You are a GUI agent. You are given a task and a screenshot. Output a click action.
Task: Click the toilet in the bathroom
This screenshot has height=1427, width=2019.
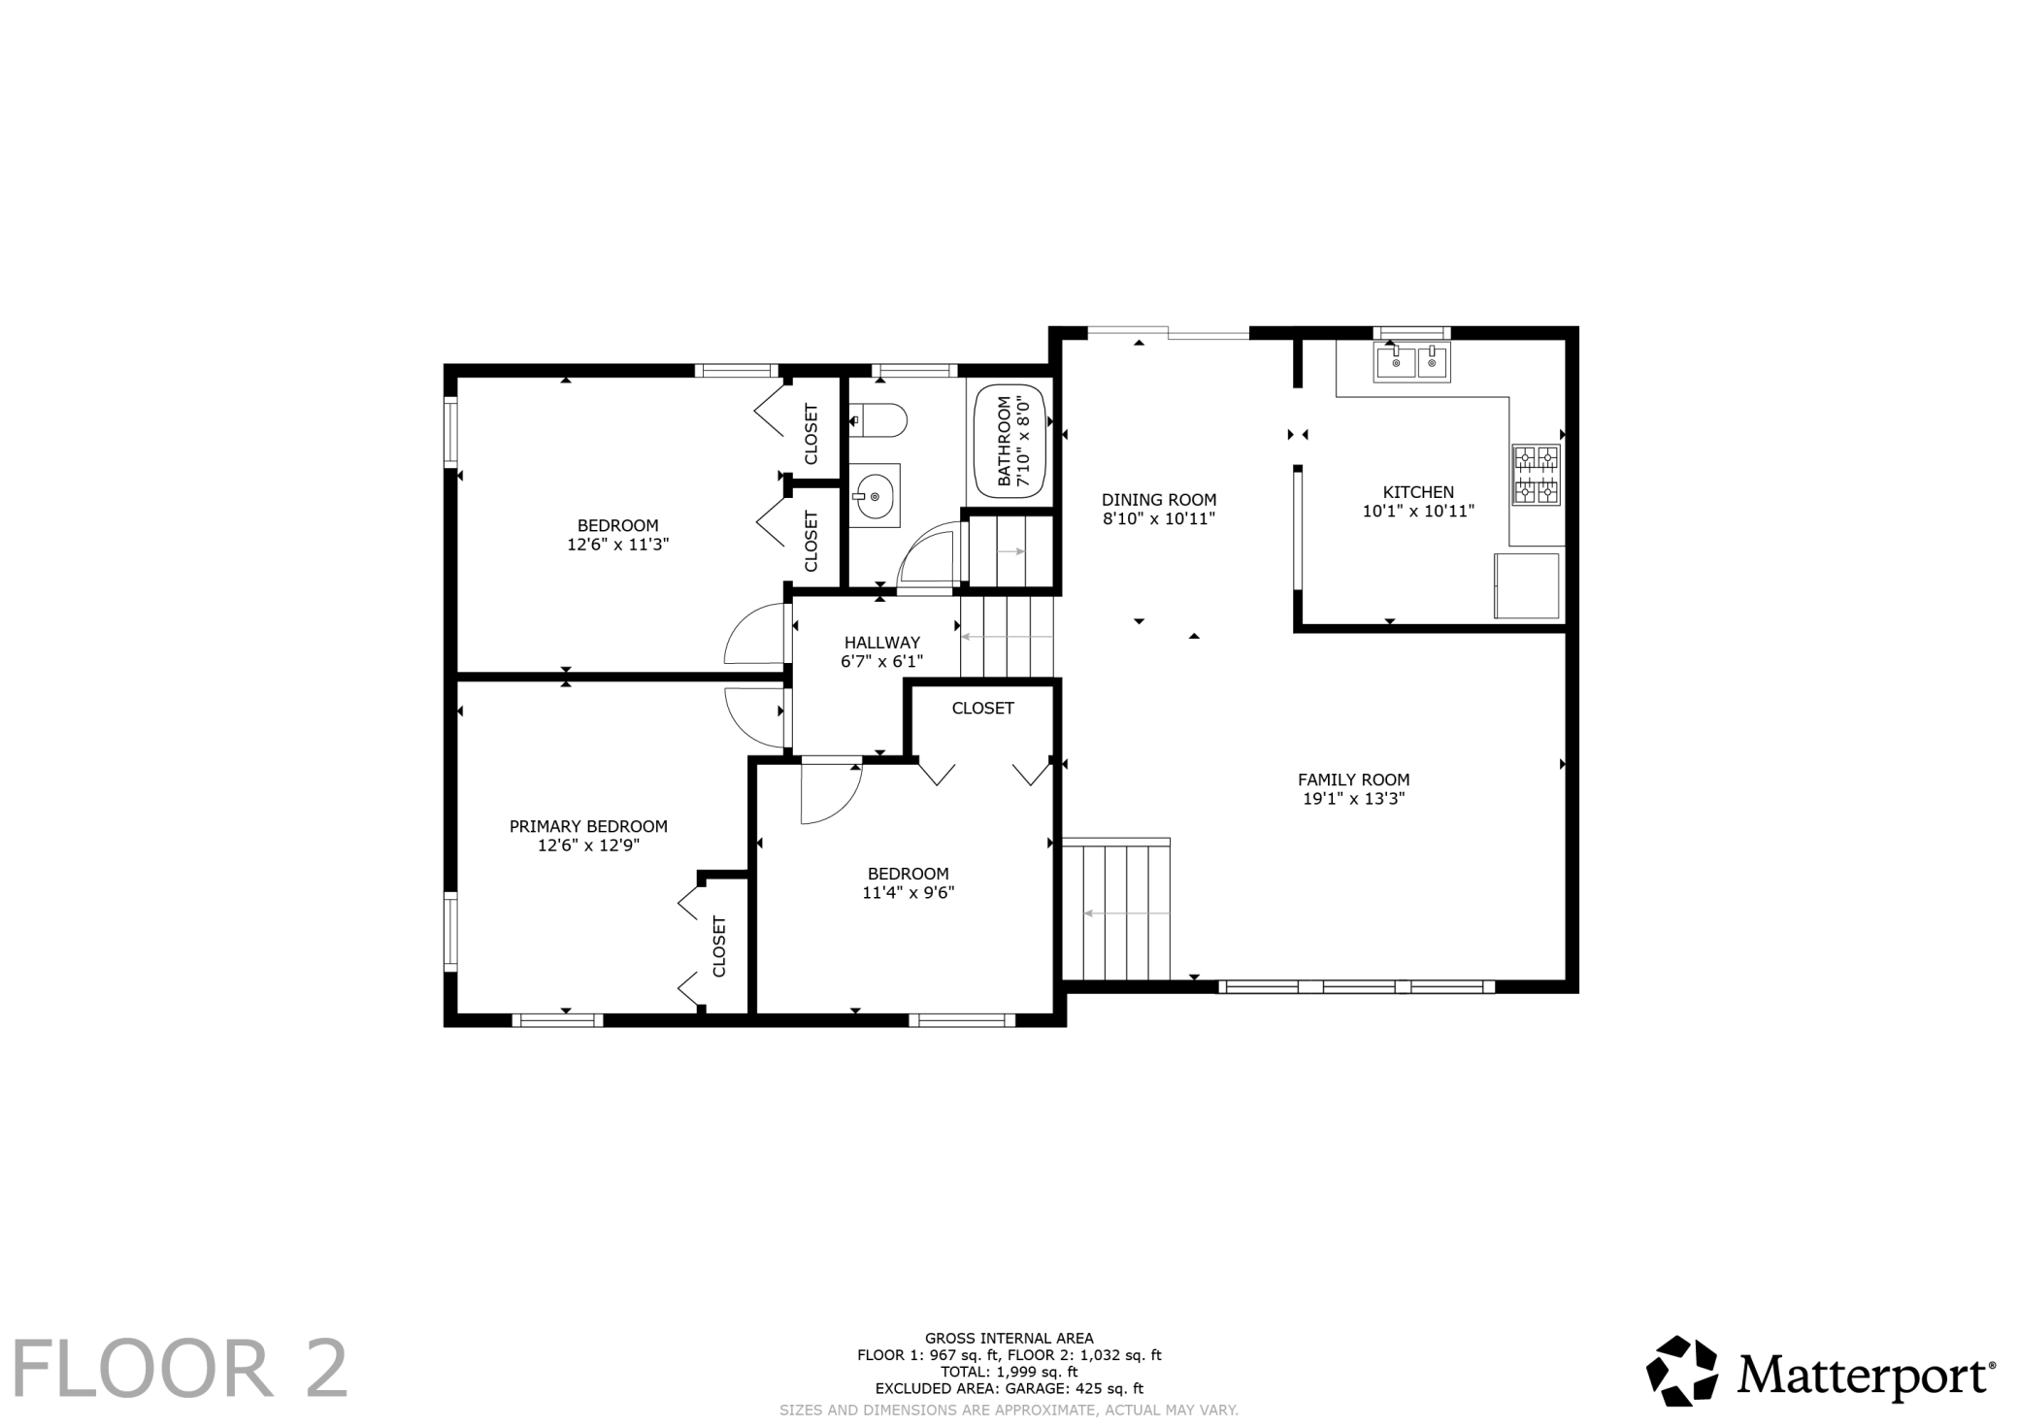tap(878, 421)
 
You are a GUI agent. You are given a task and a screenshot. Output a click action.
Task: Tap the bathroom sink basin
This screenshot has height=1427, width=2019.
tap(875, 496)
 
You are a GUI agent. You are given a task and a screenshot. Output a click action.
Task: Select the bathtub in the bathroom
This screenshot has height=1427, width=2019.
tap(1009, 442)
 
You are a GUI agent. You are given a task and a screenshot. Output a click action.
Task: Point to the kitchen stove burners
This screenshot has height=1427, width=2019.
tap(1536, 475)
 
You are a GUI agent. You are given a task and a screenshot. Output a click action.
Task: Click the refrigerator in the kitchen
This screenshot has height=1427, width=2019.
tap(1527, 585)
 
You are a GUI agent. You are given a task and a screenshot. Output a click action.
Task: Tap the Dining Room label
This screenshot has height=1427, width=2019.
tap(1159, 500)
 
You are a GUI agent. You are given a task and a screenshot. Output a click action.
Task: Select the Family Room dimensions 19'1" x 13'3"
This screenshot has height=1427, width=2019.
tap(1354, 799)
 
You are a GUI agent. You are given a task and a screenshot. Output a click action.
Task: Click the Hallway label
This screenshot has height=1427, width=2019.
tap(882, 643)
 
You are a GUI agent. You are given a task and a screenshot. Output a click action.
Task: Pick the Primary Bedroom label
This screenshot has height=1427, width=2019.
tap(588, 826)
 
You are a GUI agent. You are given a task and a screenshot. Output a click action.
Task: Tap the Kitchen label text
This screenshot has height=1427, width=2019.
tap(1419, 492)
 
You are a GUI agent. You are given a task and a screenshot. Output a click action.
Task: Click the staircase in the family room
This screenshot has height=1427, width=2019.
tap(1116, 910)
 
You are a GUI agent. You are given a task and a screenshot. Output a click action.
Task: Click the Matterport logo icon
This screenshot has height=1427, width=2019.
tap(1683, 1371)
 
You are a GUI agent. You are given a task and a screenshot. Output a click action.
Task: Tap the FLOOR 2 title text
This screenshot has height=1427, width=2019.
tap(180, 1369)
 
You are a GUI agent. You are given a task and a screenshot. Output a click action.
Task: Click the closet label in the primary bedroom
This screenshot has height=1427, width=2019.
tap(719, 946)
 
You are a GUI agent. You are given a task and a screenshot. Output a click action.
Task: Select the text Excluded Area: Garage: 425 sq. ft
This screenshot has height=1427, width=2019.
tap(1009, 1389)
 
